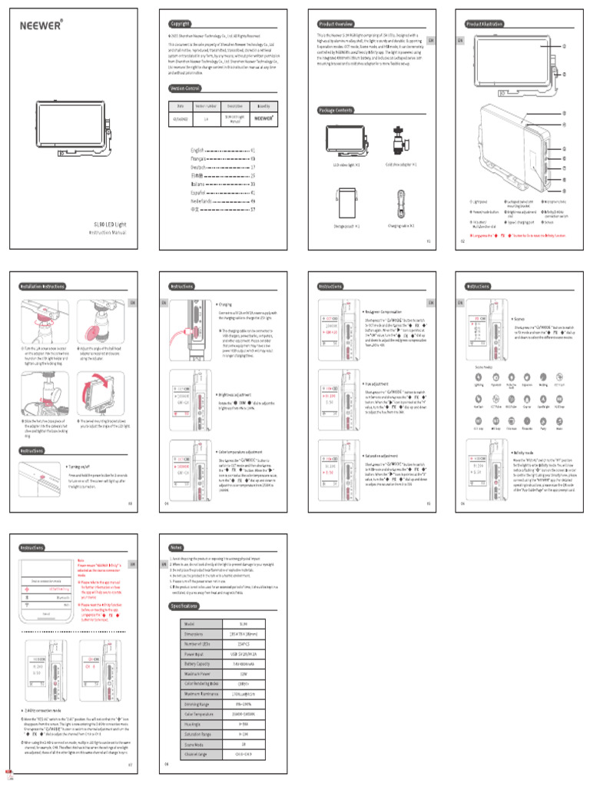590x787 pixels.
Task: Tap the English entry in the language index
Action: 200,151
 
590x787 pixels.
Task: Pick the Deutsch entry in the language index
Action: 200,167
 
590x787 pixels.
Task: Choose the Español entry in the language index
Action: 200,192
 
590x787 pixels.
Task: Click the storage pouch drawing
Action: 346,204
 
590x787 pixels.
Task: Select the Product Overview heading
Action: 336,24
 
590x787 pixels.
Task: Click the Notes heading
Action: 176,547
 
